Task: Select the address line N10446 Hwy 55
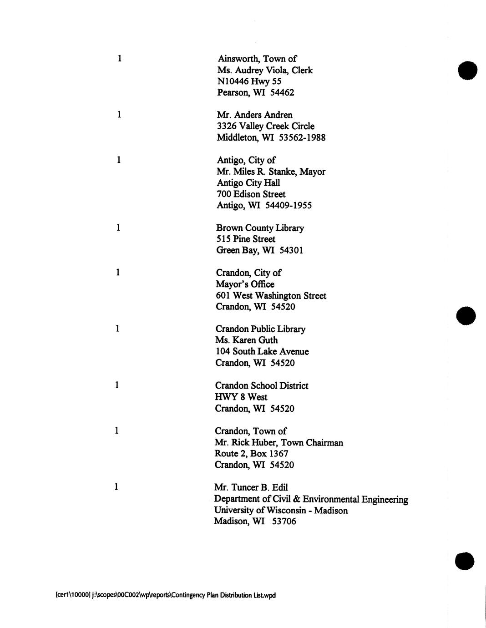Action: click(x=249, y=81)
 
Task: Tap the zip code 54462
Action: click(x=282, y=93)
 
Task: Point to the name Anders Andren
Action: click(x=263, y=115)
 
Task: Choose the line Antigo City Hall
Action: click(x=248, y=183)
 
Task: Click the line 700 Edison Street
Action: click(x=251, y=194)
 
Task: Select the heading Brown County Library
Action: click(x=260, y=228)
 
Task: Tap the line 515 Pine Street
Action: click(x=246, y=239)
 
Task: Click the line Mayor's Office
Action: click(x=245, y=284)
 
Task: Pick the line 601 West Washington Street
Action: click(x=271, y=296)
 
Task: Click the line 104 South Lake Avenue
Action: click(x=262, y=352)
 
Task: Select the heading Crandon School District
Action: click(x=262, y=386)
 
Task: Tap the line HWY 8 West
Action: click(x=241, y=397)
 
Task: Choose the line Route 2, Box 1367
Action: click(x=251, y=454)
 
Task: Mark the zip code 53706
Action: click(x=284, y=522)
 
